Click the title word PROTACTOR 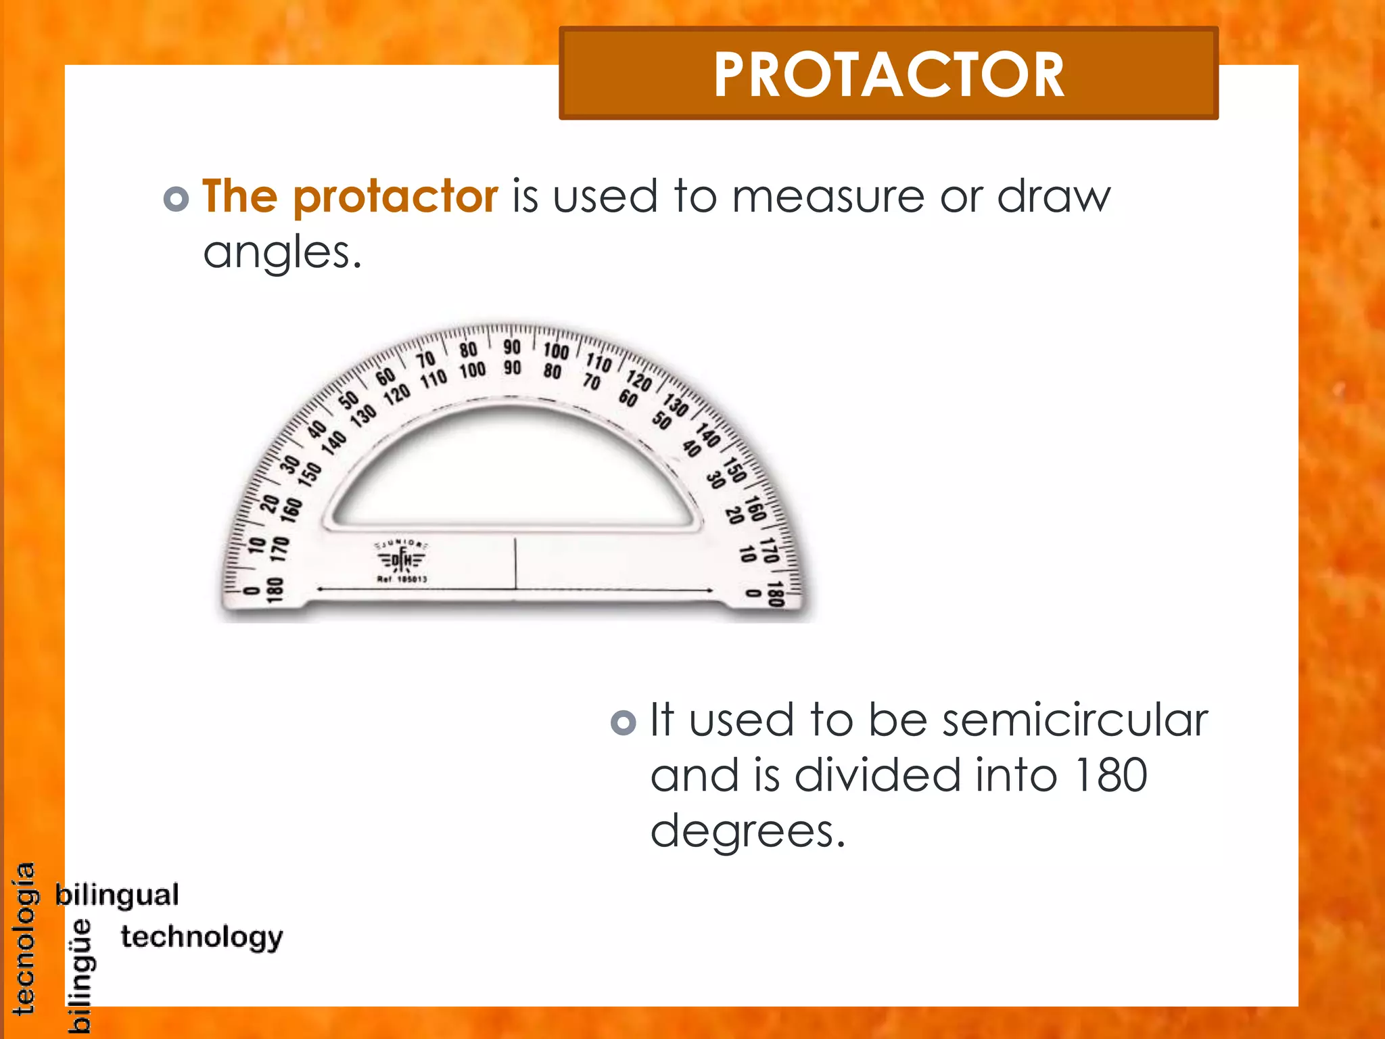pos(889,74)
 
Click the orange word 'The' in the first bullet pos(239,197)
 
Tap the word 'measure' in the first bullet pos(827,197)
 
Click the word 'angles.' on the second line pos(283,254)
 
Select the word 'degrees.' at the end pos(748,832)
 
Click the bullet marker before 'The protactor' pos(176,199)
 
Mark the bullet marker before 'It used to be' pos(623,722)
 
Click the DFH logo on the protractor pos(402,559)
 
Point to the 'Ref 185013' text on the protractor pos(402,580)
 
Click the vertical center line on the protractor pos(515,563)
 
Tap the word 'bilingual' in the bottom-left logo pos(117,895)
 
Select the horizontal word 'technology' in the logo pos(202,938)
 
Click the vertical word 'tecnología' pos(24,939)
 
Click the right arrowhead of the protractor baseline pos(710,591)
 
